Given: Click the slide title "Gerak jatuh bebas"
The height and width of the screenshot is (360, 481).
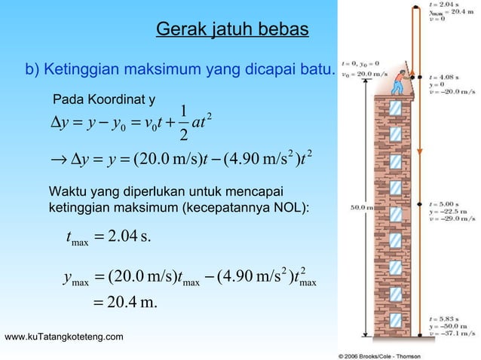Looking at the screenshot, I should (231, 30).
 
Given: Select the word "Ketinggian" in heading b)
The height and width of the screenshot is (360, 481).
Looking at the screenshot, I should (81, 70).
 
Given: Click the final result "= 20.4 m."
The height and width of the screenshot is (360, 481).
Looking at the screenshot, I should (130, 304).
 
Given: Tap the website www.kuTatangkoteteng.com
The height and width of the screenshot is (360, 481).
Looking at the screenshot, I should (65, 335).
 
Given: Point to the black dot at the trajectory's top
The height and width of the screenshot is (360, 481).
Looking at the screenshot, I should (415, 6).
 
